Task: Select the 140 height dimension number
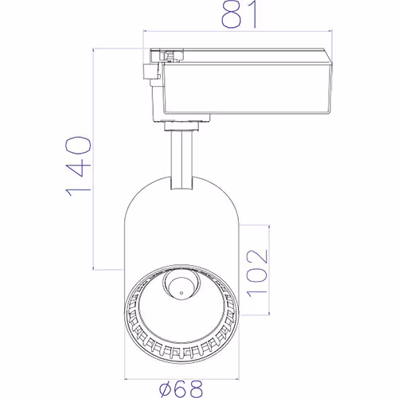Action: (x=77, y=165)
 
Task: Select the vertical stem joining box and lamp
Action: (x=181, y=159)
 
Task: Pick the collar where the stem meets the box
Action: (x=181, y=124)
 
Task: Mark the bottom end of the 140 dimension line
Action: (x=95, y=268)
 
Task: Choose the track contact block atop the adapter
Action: (x=167, y=54)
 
